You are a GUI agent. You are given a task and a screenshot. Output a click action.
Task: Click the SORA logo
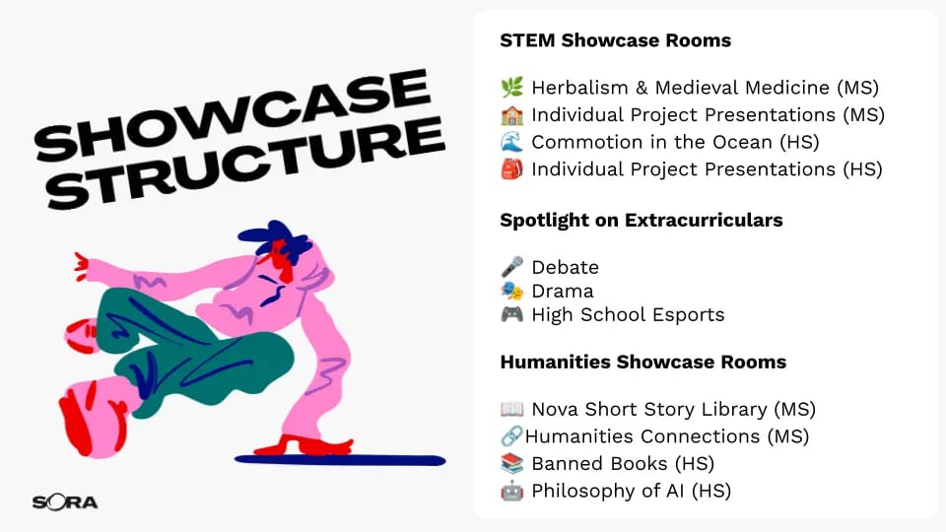(x=65, y=501)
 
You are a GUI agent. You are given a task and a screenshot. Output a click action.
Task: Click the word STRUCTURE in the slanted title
(x=245, y=162)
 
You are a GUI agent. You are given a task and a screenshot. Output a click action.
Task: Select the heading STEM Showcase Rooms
(x=615, y=40)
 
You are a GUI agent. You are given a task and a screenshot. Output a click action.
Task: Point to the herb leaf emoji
(x=511, y=88)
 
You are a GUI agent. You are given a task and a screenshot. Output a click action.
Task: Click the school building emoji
(x=511, y=114)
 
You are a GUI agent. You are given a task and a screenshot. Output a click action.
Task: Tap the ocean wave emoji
(x=511, y=142)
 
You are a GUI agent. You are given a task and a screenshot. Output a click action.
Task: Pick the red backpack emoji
(x=511, y=168)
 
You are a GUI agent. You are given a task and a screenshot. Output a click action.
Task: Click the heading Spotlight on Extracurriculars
(x=642, y=220)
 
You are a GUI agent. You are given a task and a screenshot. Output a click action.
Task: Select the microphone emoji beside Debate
(x=511, y=267)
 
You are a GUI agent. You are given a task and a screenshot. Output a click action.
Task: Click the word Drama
(x=563, y=291)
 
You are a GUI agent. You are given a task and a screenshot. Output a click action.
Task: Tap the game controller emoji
(x=511, y=314)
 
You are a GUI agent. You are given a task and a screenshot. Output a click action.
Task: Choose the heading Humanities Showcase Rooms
(x=643, y=362)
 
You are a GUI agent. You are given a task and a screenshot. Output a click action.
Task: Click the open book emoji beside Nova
(x=511, y=409)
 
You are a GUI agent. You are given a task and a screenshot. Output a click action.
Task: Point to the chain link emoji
(x=511, y=436)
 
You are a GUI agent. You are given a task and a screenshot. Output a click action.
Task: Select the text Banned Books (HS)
(x=623, y=463)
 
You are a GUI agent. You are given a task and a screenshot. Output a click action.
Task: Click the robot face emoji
(x=511, y=491)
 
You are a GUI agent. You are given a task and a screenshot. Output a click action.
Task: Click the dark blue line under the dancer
(x=340, y=460)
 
